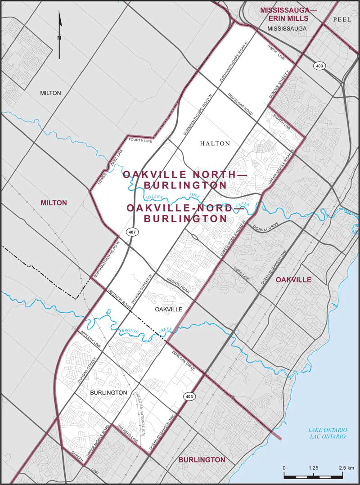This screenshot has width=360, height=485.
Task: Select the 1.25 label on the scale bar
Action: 313,468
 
